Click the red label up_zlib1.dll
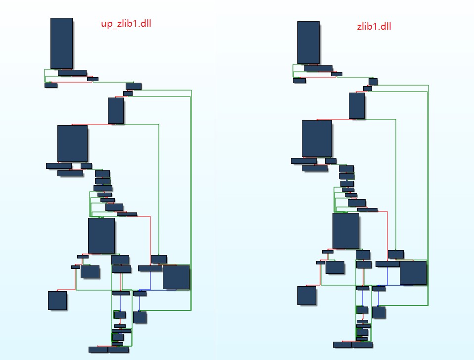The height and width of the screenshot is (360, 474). [x=126, y=24]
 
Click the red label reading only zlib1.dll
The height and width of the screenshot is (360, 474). [x=374, y=26]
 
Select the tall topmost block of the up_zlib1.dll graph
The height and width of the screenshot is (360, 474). [x=61, y=43]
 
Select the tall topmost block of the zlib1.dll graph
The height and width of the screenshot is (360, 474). [x=308, y=43]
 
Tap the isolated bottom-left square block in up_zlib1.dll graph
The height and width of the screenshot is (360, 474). [x=57, y=301]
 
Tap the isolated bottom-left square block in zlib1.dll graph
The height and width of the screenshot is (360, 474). [x=307, y=296]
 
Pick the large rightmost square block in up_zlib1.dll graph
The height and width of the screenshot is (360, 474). [x=176, y=277]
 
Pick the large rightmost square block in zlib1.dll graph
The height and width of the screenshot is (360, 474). [x=413, y=273]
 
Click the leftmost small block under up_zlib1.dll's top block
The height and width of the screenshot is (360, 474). [x=51, y=85]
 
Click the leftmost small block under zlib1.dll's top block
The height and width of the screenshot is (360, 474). [x=299, y=81]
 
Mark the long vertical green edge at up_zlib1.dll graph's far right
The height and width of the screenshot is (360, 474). [x=191, y=200]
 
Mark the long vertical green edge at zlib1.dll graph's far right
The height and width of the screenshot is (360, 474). [x=428, y=196]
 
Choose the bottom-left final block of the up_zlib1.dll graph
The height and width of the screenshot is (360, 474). [x=98, y=350]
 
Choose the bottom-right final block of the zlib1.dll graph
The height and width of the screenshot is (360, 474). [x=362, y=345]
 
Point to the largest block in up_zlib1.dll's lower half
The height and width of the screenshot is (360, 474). [x=101, y=236]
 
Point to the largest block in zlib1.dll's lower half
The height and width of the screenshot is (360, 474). [x=346, y=231]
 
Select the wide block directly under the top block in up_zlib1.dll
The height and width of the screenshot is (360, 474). [x=72, y=73]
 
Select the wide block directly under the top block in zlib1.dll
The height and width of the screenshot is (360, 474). [x=318, y=68]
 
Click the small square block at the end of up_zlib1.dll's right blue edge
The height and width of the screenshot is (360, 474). [x=140, y=317]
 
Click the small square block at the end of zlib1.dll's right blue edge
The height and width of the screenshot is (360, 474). [x=379, y=312]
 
